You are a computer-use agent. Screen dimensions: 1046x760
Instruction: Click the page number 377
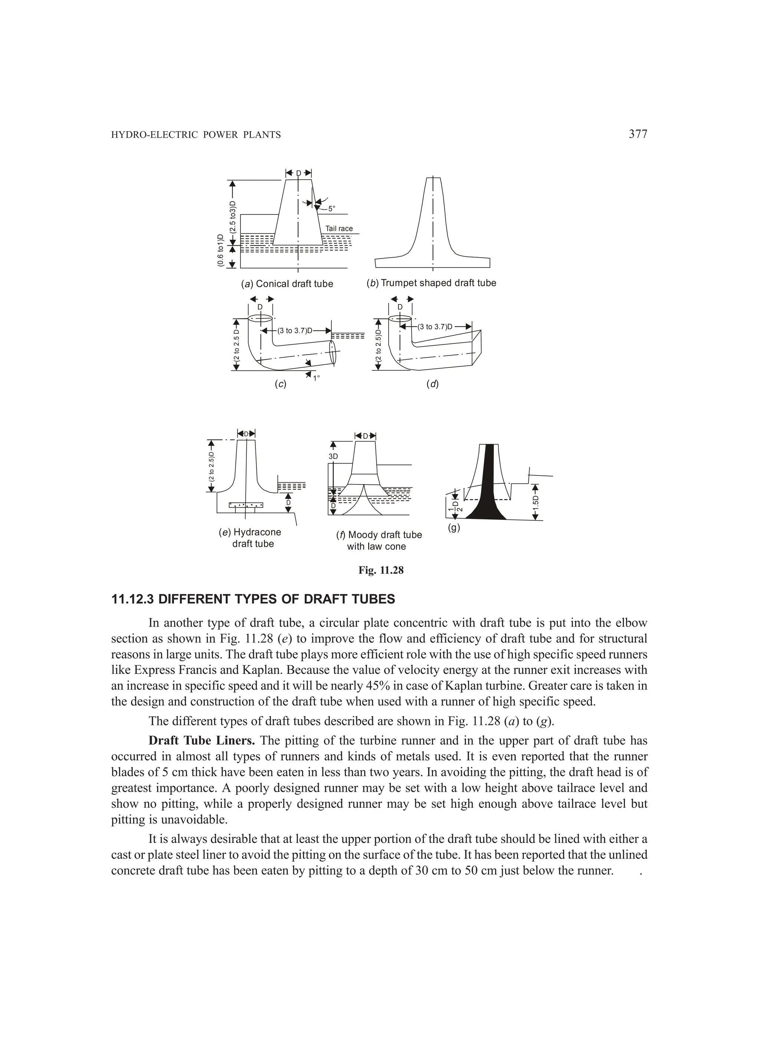point(638,134)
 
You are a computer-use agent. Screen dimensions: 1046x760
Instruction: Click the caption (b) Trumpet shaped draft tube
point(431,283)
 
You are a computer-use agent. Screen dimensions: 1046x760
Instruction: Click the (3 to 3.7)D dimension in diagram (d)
point(435,327)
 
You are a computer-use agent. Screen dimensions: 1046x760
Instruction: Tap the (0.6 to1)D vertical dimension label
point(220,251)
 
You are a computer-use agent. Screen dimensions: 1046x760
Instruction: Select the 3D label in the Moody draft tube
point(333,456)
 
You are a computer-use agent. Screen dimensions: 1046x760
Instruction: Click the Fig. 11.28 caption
point(381,570)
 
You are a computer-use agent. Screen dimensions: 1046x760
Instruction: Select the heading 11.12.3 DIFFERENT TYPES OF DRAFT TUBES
point(253,599)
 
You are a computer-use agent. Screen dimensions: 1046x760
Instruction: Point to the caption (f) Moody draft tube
point(379,535)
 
